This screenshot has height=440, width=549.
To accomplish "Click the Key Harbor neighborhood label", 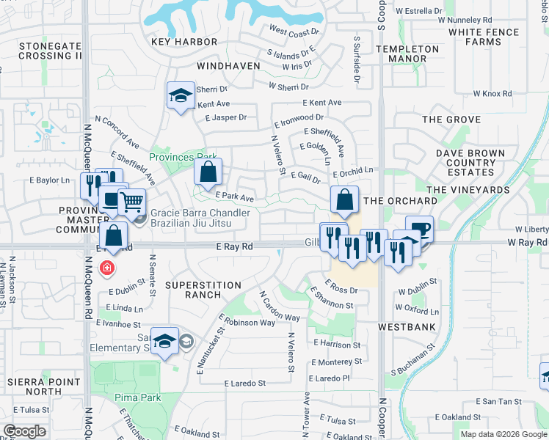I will (x=184, y=42).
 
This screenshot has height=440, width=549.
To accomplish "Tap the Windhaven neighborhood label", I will (x=228, y=65).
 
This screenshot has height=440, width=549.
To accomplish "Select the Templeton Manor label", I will (x=407, y=54).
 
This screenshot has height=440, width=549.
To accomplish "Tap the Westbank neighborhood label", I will (x=407, y=326).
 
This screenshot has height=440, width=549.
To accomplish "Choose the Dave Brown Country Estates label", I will (x=470, y=163).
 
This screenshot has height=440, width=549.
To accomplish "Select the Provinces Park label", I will (x=183, y=157).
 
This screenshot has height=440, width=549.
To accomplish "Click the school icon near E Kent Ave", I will (x=180, y=95).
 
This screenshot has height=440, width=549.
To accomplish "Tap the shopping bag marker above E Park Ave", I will (x=208, y=172).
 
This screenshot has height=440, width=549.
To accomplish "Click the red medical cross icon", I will (x=108, y=268).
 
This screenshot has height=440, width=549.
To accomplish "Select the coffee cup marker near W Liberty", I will (x=419, y=229).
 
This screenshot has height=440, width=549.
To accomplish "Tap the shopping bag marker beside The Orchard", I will (x=344, y=199).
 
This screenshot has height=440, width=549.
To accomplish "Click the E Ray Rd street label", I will (x=234, y=247).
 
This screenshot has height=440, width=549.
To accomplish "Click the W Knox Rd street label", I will (x=492, y=94).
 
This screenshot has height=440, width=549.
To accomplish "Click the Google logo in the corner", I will (x=25, y=431).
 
